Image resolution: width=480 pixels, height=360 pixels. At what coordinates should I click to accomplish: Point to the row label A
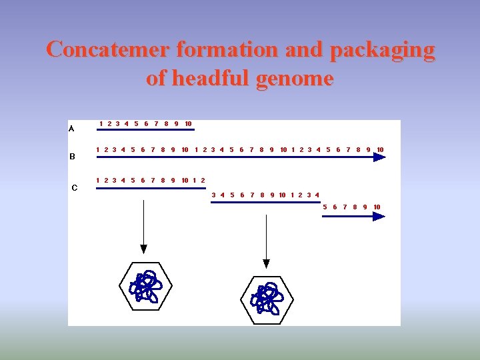pos(71,129)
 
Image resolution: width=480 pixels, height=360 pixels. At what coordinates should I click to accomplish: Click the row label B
pos(72,157)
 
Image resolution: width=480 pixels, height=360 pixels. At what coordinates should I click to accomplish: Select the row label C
pos(74,187)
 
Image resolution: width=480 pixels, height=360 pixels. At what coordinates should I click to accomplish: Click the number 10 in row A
pos(188,123)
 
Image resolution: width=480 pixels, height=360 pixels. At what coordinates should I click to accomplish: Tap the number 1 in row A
pos(101,123)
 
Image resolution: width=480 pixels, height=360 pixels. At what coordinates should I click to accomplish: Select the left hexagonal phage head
pos(145,287)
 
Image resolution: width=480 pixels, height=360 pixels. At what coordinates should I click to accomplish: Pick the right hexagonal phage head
pos(266,298)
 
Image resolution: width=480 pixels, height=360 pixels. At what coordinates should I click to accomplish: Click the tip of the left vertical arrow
pos(143,250)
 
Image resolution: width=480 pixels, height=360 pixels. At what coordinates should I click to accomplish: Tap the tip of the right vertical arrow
pos(266,264)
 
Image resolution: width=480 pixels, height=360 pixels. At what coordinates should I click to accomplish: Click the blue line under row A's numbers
pos(145,130)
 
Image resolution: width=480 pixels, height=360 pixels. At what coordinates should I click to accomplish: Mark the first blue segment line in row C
pos(151,188)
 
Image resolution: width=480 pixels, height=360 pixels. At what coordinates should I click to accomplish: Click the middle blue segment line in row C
pos(265,202)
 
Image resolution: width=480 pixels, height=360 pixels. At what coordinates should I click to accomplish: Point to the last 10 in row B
pos(380,149)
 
